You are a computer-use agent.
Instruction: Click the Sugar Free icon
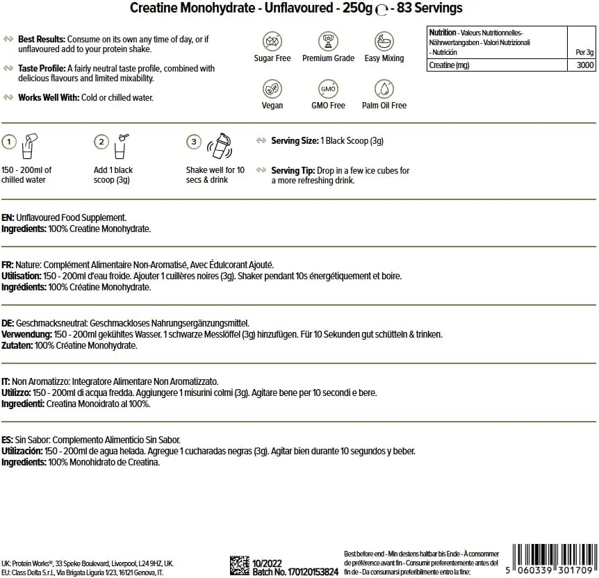pyautogui.click(x=272, y=40)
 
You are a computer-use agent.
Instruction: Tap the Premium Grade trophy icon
pyautogui.click(x=328, y=40)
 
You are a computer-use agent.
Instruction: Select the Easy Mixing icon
pyautogui.click(x=384, y=40)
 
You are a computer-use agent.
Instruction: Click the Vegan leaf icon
pyautogui.click(x=272, y=89)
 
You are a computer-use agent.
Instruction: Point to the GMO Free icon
pyautogui.click(x=328, y=89)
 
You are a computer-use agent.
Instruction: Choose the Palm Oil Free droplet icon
pyautogui.click(x=384, y=89)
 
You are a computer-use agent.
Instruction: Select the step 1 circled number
pyautogui.click(x=9, y=142)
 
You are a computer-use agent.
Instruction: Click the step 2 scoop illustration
pyautogui.click(x=121, y=142)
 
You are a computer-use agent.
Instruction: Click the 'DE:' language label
pyautogui.click(x=8, y=324)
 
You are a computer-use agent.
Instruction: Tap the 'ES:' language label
pyautogui.click(x=8, y=440)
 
